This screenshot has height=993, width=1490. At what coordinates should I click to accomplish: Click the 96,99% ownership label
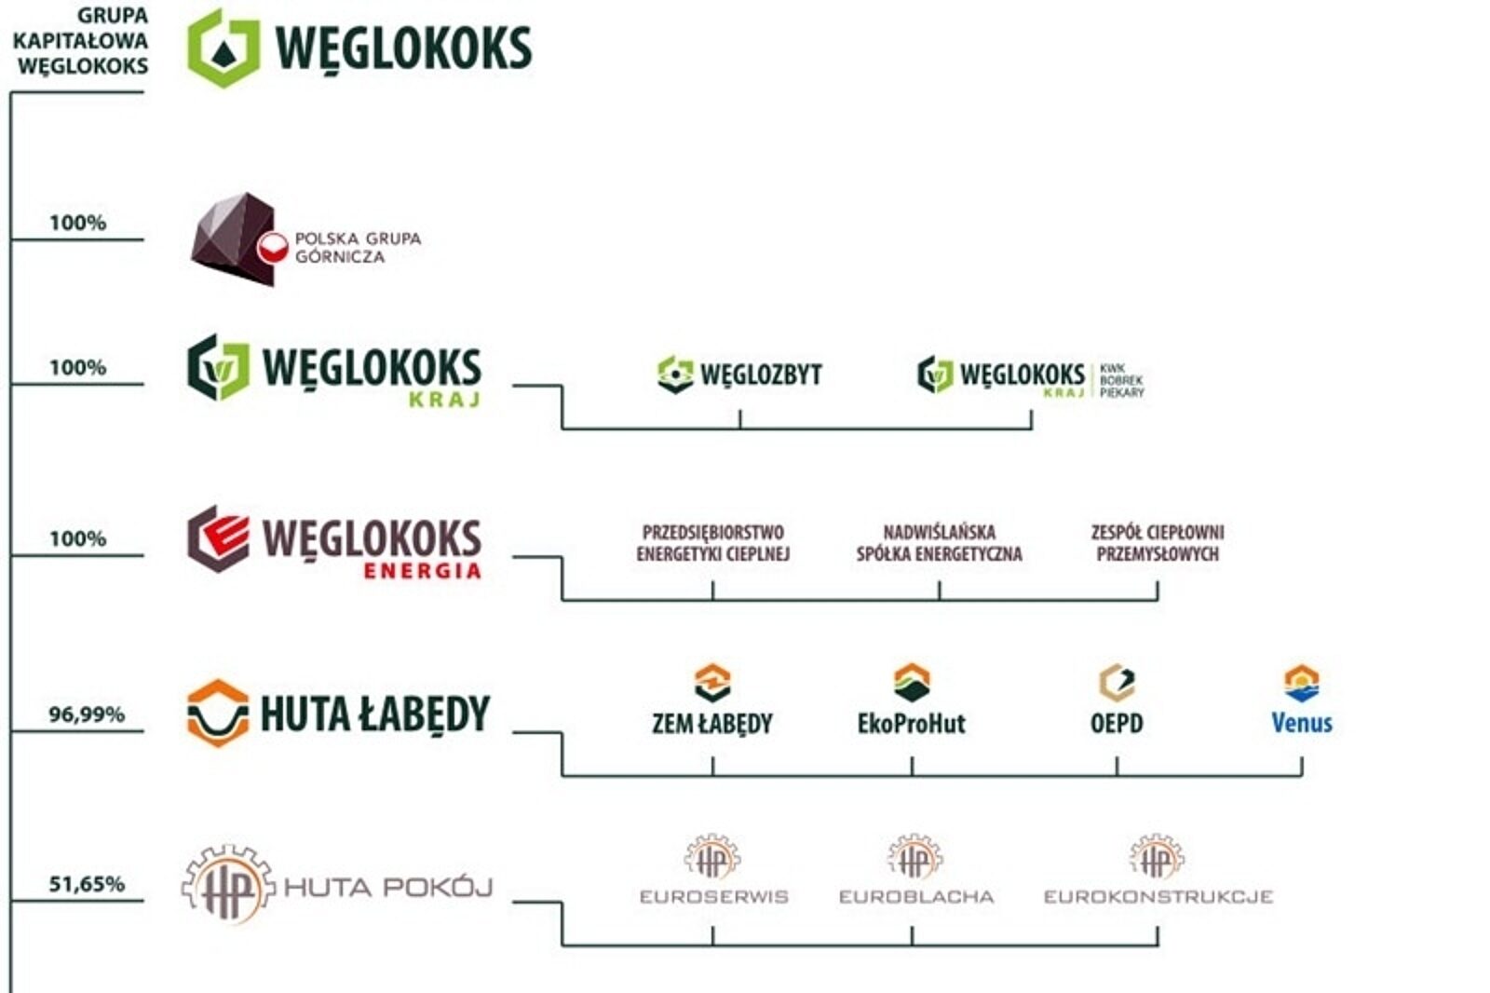coord(86,714)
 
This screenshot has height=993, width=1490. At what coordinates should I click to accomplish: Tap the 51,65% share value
coord(86,883)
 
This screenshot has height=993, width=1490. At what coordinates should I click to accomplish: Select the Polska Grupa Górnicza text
coord(358,247)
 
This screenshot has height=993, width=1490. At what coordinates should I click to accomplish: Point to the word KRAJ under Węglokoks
coord(444,400)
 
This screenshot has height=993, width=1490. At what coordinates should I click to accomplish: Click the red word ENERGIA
coord(422,570)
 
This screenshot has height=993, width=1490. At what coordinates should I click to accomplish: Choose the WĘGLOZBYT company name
coord(760,374)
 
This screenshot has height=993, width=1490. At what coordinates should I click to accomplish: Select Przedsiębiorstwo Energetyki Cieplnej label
coord(712,542)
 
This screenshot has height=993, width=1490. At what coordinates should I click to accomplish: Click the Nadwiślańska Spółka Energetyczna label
coord(939,542)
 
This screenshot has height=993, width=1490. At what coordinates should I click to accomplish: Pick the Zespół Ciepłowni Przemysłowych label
coord(1158,542)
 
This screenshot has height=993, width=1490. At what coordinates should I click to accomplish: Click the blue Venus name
coord(1301,723)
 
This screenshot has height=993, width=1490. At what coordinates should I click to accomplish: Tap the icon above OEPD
coord(1117,682)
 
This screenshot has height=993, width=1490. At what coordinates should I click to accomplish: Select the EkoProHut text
coord(911,723)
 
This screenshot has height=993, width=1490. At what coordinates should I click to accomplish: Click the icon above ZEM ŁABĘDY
coord(712,682)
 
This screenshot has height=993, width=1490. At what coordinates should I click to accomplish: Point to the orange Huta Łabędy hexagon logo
coord(218,713)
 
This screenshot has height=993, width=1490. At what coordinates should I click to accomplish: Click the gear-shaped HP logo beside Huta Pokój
coord(228,885)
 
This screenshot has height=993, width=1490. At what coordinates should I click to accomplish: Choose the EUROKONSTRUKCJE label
coord(1158,896)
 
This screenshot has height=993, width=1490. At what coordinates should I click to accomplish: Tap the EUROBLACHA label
coord(915,896)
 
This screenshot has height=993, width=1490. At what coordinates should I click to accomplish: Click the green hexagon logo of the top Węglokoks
coord(223,48)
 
